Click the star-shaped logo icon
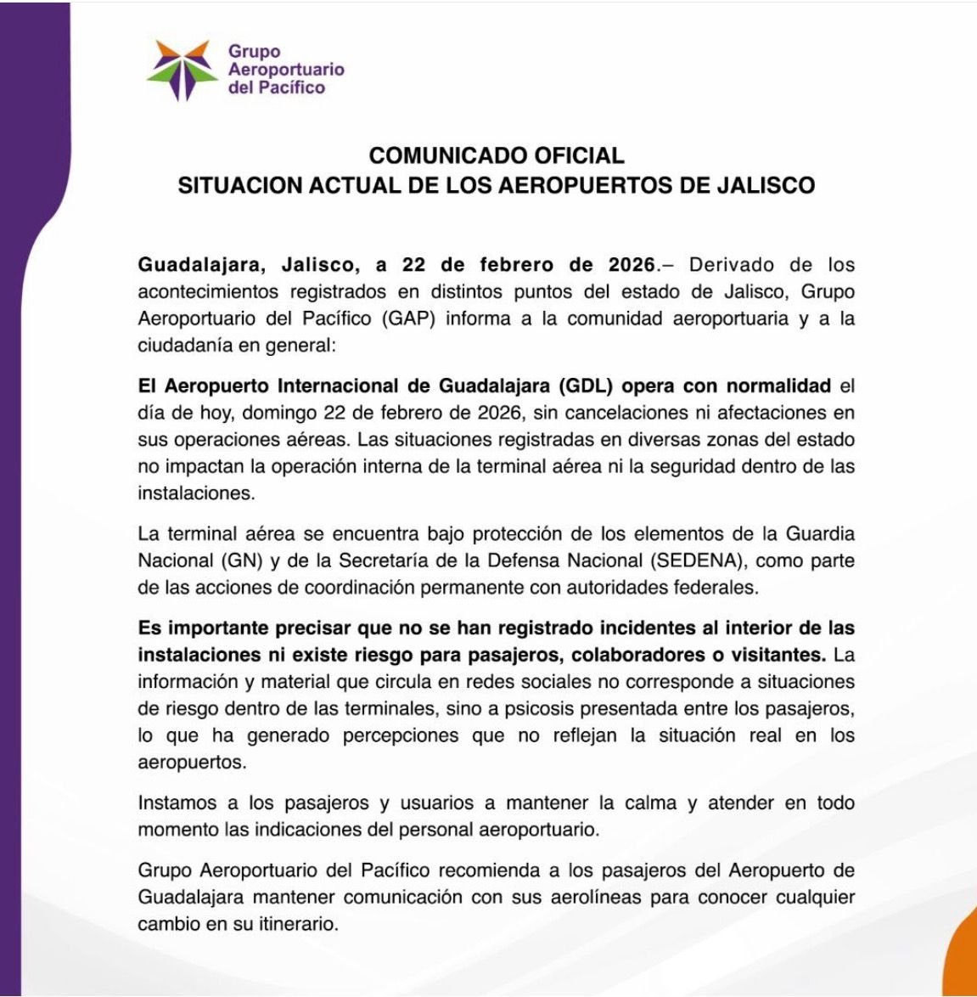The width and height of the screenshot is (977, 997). coord(179,70)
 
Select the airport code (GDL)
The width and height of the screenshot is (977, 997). coord(587,386)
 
